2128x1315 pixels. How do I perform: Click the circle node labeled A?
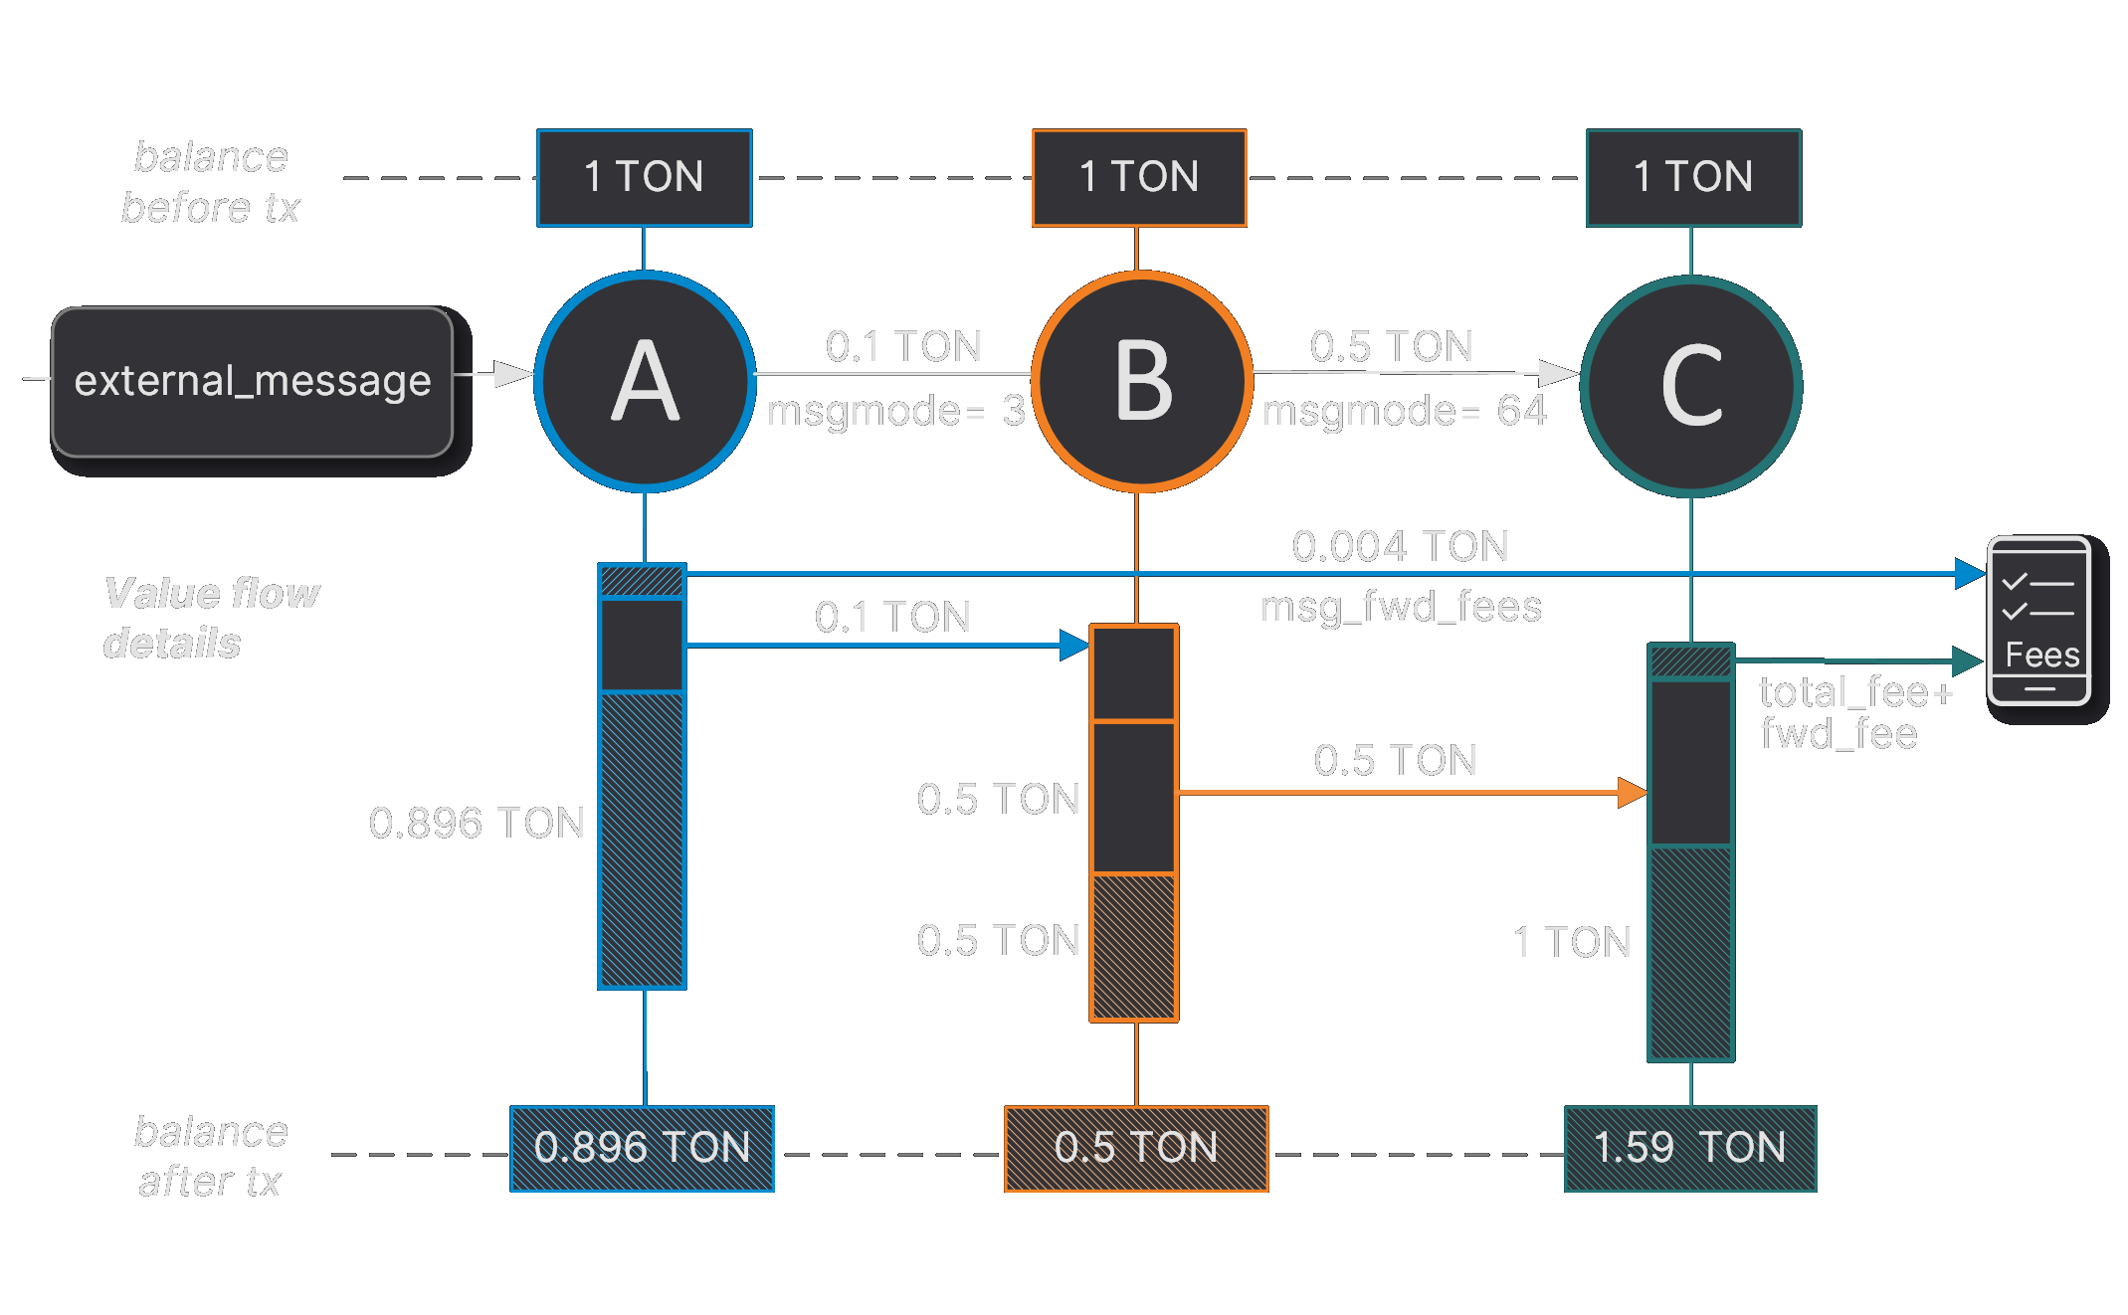[645, 382]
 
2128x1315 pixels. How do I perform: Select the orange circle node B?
[1141, 382]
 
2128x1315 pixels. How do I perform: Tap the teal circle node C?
[1690, 386]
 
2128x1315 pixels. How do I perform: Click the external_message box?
[253, 382]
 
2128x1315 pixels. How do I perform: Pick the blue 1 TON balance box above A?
[644, 178]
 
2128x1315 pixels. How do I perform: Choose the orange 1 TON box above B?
[1138, 178]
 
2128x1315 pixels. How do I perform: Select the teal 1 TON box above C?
[1692, 178]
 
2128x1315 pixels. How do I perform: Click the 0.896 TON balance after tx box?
[642, 1148]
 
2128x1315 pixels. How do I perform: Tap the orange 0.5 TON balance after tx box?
[1135, 1148]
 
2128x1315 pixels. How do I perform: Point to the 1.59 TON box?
[1689, 1148]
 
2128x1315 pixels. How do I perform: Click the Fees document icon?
[2038, 621]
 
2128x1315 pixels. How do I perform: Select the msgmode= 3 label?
[895, 411]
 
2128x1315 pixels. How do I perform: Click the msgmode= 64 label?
[1404, 411]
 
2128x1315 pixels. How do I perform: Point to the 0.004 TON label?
[1400, 546]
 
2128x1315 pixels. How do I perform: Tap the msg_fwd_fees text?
[1400, 607]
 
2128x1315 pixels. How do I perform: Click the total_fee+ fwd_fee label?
[1854, 712]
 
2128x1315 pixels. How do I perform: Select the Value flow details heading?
[210, 618]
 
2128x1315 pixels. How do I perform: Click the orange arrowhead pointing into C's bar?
[1632, 793]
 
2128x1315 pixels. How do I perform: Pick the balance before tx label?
[210, 182]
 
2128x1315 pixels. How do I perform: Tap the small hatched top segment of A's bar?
[642, 580]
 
